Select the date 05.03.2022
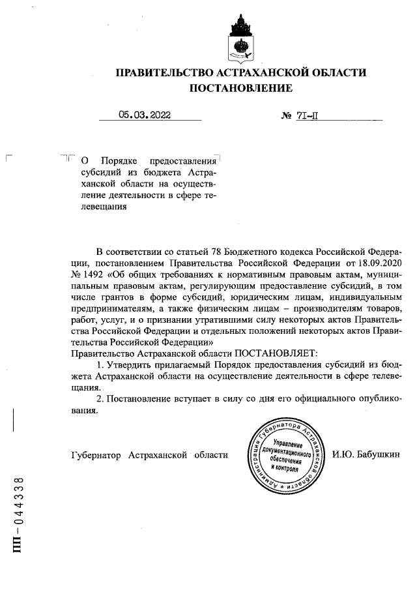pyautogui.click(x=144, y=115)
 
